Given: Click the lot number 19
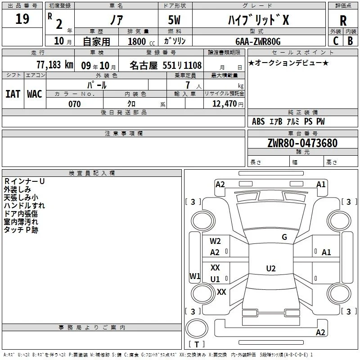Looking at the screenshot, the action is point(22,19).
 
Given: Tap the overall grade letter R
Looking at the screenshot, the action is point(343,21).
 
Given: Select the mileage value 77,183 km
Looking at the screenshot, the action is point(55,65).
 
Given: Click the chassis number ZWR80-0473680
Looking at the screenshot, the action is point(302,143).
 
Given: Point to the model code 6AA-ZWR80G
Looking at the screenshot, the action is point(258,41).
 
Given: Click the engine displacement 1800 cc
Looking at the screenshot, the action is point(141,41).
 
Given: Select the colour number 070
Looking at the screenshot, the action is point(75,104).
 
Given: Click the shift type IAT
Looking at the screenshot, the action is point(13,94).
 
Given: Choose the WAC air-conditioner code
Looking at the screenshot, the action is point(35,94).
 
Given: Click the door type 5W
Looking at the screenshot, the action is point(174,20).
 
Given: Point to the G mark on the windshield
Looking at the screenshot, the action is point(284,237).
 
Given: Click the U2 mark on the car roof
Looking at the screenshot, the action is point(271,268).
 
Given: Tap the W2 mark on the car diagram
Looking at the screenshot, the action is point(215,241).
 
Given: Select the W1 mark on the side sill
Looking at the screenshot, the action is point(195,276).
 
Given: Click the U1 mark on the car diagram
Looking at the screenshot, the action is point(215,279).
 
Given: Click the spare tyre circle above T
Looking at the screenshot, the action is point(197,328).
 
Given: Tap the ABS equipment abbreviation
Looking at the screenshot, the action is point(258,121).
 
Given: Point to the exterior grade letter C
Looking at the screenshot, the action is point(336,41).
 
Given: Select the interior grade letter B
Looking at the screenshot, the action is point(350,41).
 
